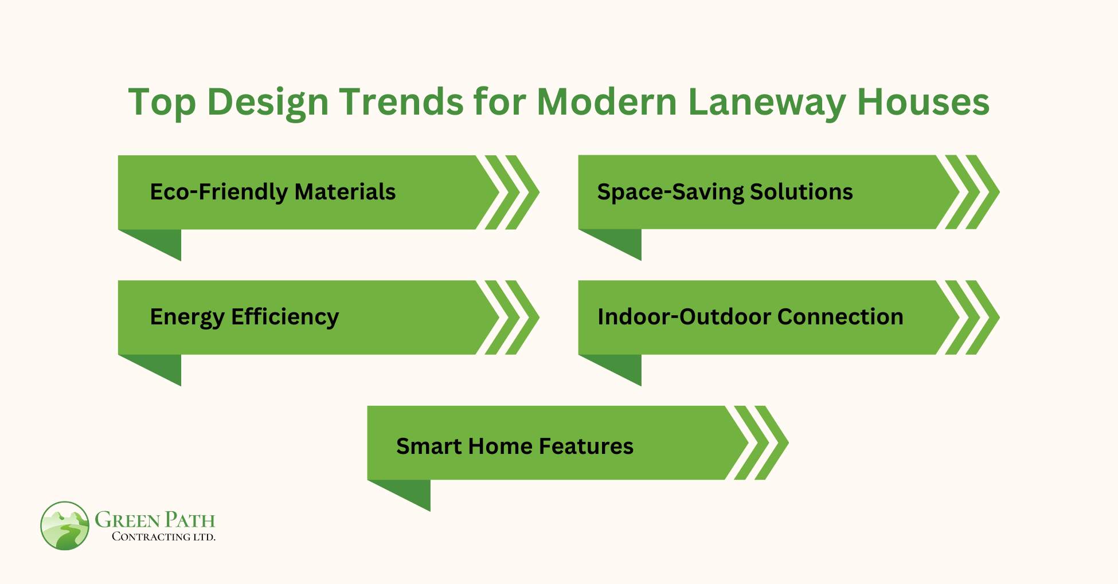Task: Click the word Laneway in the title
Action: [x=766, y=102]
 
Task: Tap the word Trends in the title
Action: [x=401, y=102]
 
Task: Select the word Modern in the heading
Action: [x=606, y=102]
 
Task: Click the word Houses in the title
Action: [x=923, y=102]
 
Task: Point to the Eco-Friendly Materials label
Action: [x=272, y=192]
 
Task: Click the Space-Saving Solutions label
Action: [x=725, y=192]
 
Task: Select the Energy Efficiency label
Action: [x=244, y=317]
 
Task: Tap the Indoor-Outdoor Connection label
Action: [x=750, y=317]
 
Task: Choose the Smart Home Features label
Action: [x=514, y=446]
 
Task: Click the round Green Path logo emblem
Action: [x=65, y=526]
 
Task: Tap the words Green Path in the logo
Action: [x=155, y=519]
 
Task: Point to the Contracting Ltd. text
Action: [x=163, y=537]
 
